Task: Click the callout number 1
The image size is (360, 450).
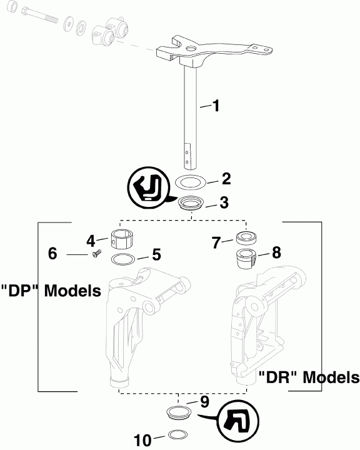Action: [x=215, y=106]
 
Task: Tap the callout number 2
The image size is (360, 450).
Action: [x=226, y=179]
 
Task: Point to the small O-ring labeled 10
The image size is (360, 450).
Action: [x=178, y=436]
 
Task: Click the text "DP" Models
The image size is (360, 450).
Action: [x=51, y=291]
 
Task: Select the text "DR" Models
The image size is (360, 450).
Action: [x=309, y=377]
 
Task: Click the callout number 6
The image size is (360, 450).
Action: [x=53, y=254]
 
